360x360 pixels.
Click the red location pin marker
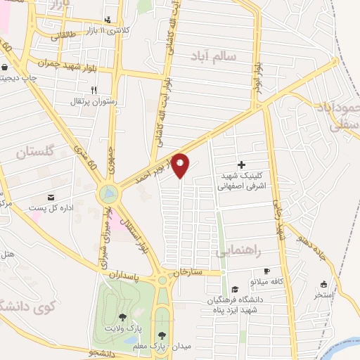[x=181, y=165]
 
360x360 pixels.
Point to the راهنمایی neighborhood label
[x=238, y=250]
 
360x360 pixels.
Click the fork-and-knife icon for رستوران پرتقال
[x=93, y=90]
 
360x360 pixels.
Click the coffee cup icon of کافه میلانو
[x=266, y=271]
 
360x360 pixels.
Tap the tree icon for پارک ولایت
[x=124, y=318]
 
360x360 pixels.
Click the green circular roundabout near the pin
[x=108, y=192]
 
